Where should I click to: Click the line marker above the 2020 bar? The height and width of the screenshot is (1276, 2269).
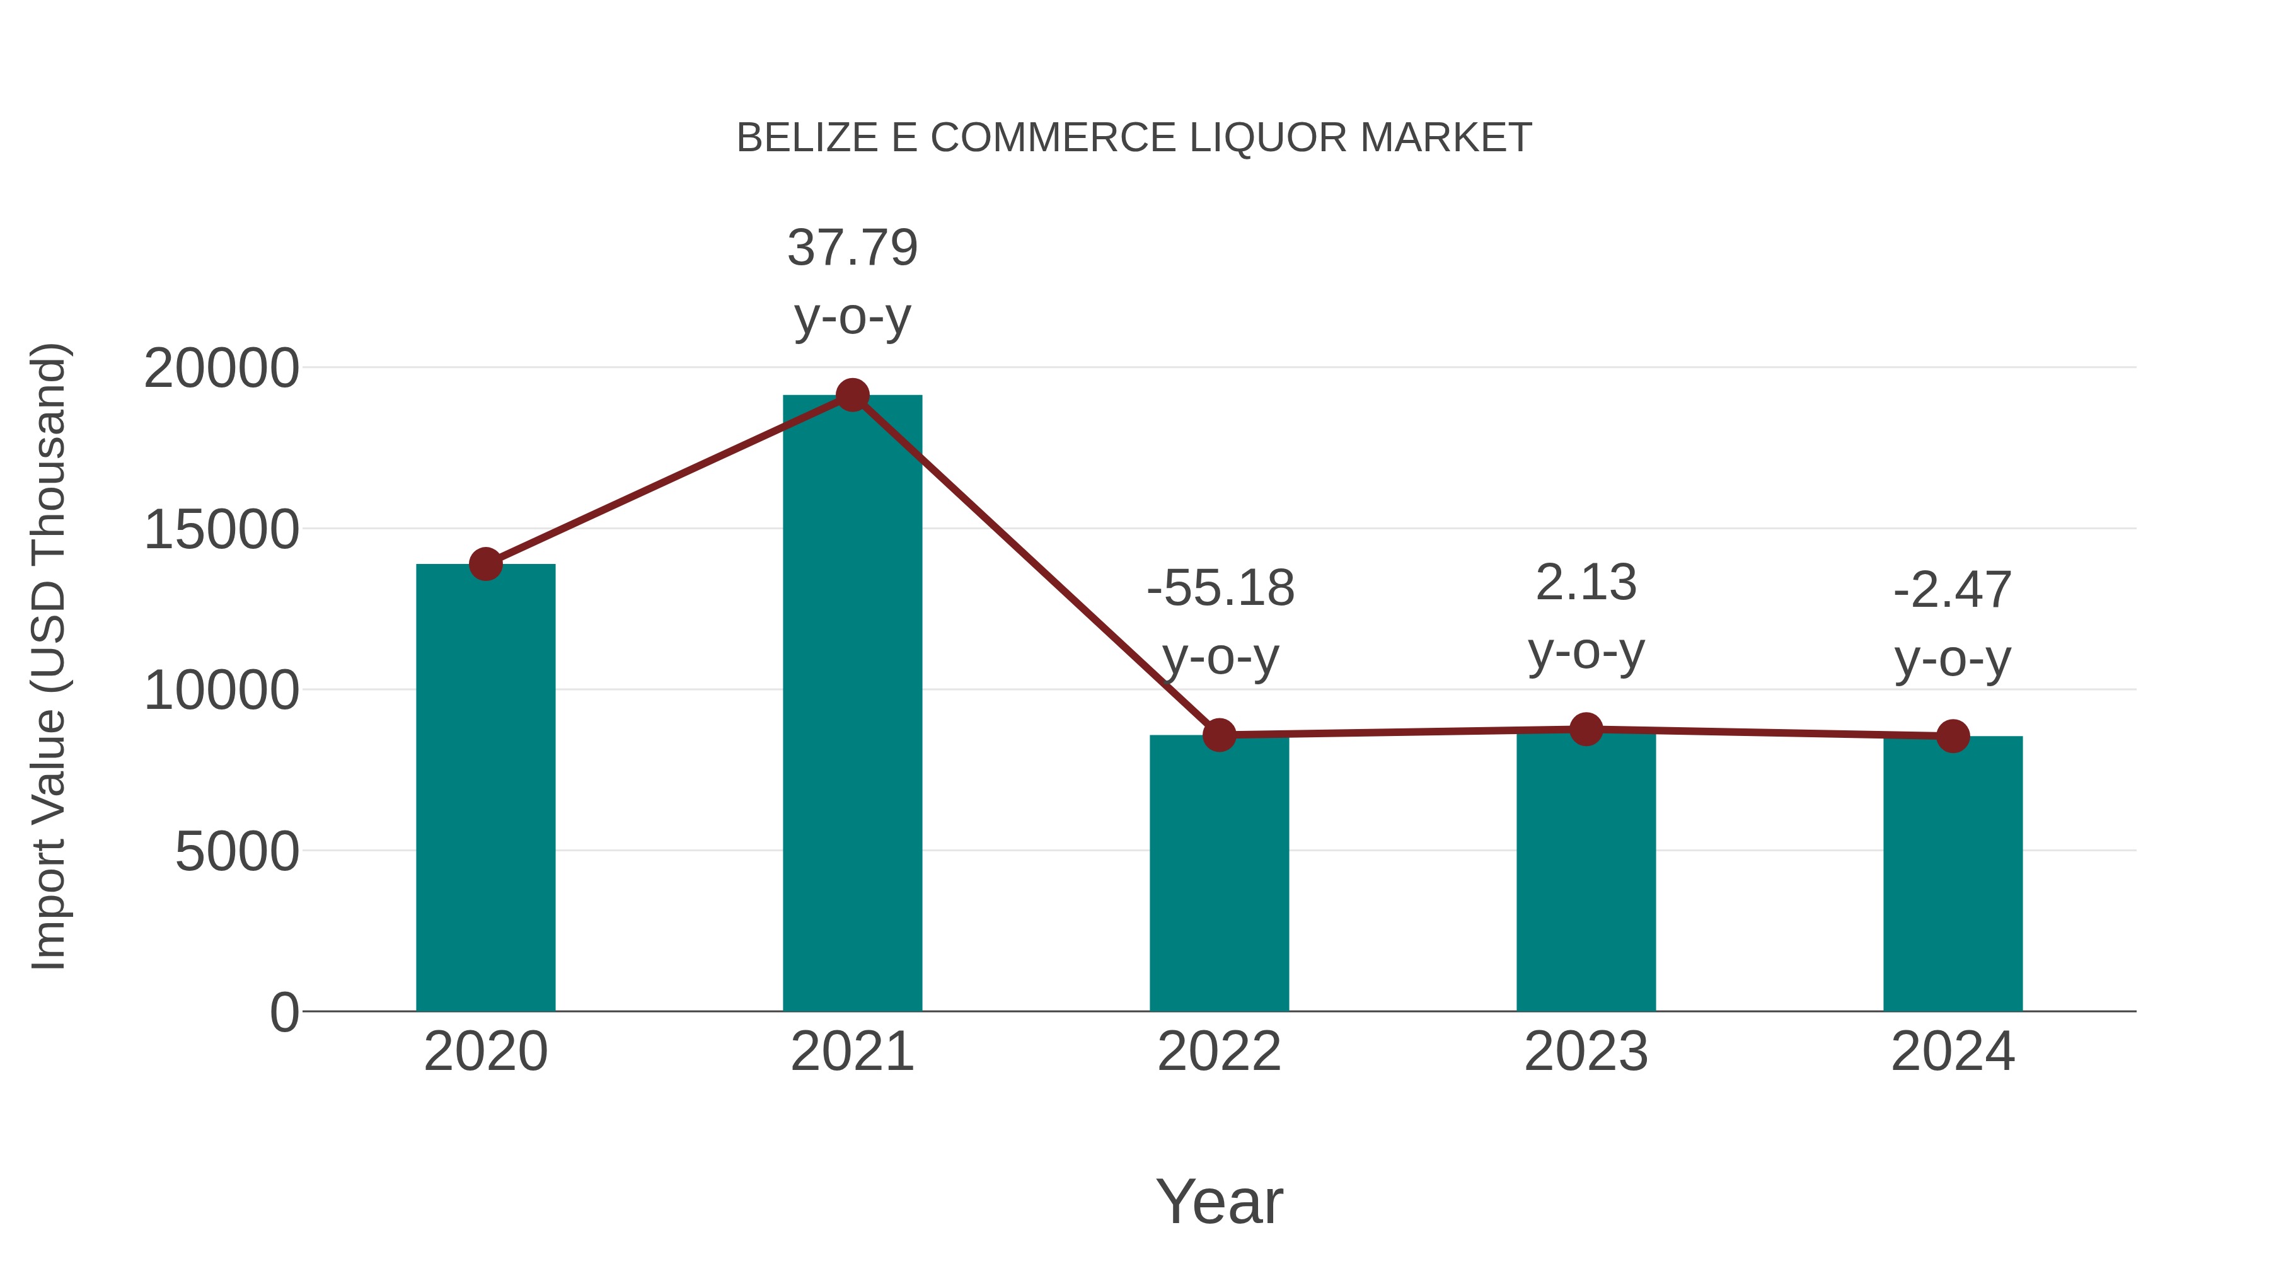[485, 563]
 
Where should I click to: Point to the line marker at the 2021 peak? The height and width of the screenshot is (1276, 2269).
[852, 395]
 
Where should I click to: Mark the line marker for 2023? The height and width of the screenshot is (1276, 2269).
[1586, 729]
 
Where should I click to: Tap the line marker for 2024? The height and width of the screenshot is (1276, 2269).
[1953, 735]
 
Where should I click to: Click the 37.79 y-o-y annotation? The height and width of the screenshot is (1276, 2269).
[852, 248]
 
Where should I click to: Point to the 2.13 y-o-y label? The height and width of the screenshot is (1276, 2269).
[1586, 583]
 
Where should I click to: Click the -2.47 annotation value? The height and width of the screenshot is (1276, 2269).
[1953, 590]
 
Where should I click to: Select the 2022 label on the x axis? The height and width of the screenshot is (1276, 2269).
[1219, 1052]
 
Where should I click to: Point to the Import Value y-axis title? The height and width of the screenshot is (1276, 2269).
[49, 656]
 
